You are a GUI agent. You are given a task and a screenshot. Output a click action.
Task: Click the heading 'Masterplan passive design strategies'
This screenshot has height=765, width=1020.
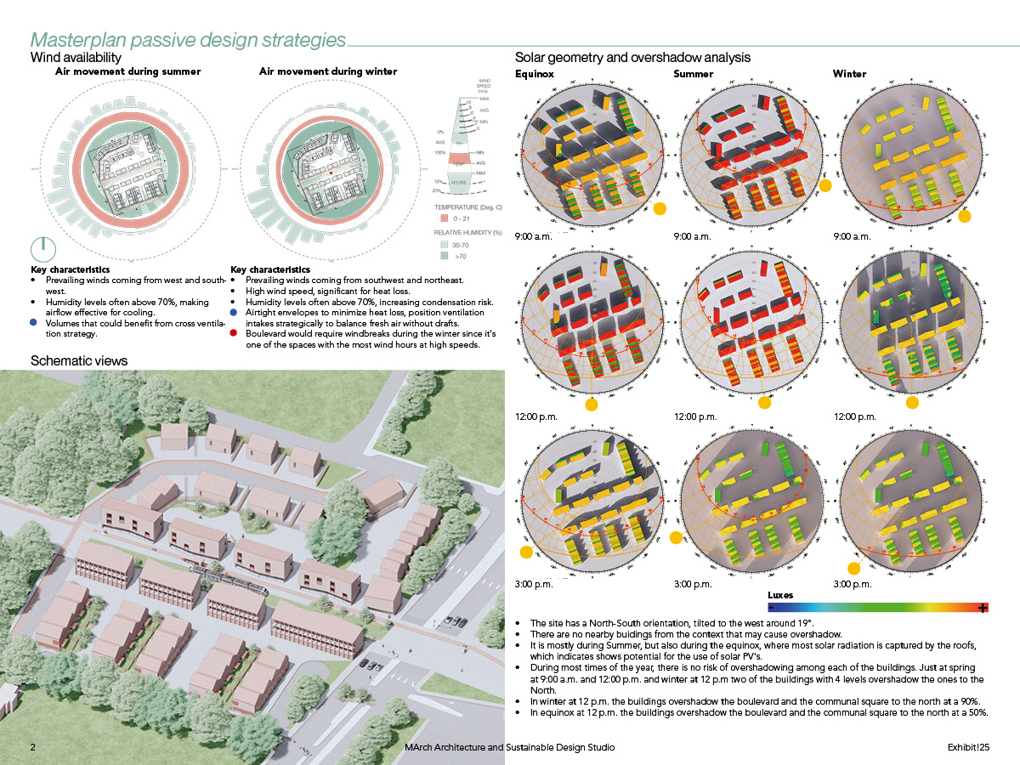188,40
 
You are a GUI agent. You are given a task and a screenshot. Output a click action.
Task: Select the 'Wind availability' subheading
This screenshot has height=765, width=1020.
76,58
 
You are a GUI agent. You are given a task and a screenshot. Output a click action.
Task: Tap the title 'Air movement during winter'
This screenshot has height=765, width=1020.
328,72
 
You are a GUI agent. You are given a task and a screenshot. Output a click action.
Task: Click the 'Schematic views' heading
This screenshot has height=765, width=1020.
79,360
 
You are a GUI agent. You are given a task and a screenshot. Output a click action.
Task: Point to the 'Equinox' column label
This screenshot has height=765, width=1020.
535,74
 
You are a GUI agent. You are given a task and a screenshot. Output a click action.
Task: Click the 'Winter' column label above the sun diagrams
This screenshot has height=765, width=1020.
849,74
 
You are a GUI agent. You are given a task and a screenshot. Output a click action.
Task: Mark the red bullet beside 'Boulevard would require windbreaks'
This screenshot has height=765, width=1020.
235,335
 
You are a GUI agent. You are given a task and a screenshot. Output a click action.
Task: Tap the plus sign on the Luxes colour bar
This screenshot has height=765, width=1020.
983,608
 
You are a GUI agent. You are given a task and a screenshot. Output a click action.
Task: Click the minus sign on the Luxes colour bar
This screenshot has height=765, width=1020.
771,608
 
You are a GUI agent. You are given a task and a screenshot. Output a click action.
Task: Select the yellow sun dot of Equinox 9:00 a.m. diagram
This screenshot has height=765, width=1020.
660,208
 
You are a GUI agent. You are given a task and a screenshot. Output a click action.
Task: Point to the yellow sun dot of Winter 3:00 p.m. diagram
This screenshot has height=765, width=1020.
853,568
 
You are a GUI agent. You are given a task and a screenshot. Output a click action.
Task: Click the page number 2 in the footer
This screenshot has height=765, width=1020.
33,747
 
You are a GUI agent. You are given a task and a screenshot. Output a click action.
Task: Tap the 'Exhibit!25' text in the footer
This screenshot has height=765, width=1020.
969,747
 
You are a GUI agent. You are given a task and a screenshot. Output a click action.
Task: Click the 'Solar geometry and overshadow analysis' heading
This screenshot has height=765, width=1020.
632,58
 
